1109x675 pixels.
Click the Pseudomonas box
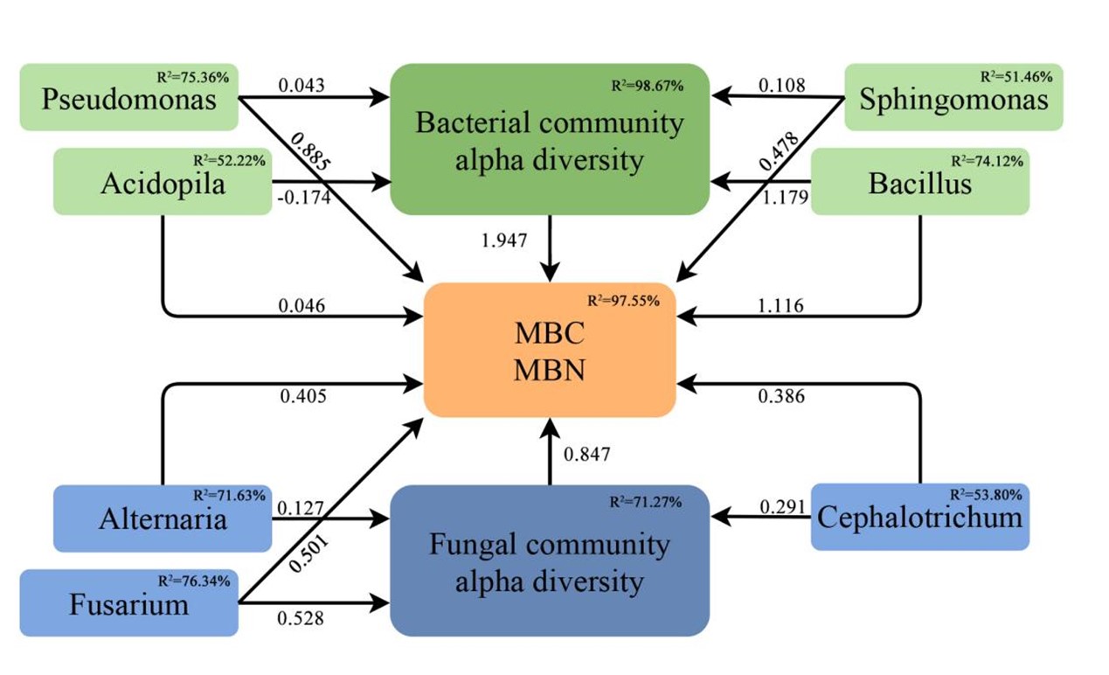point(128,97)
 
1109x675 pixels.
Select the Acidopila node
point(163,182)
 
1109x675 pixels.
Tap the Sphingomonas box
point(953,97)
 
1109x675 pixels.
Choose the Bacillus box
point(919,182)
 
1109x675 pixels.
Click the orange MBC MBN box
point(550,351)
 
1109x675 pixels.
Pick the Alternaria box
point(163,518)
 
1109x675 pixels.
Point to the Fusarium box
point(128,602)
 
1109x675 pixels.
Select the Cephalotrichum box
point(919,517)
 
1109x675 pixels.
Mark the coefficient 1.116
point(780,306)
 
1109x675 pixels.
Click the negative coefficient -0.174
point(303,198)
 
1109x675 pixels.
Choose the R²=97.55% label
point(623,301)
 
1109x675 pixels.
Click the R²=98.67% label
point(647,87)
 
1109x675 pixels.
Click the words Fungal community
point(549,546)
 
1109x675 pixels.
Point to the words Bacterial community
point(549,123)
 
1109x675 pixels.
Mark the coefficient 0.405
point(303,397)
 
